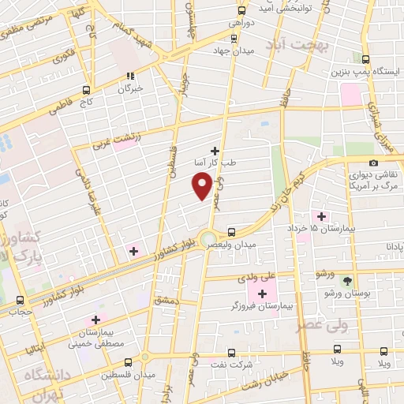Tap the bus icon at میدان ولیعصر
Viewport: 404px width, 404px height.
(231, 232)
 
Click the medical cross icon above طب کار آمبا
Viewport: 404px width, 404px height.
(215, 149)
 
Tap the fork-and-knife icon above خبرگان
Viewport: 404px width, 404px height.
(130, 77)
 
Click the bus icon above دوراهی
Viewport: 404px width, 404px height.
(242, 11)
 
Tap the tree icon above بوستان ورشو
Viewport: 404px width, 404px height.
(346, 281)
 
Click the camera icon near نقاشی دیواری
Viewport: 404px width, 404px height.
(373, 162)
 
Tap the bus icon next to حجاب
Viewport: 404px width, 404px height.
(21, 301)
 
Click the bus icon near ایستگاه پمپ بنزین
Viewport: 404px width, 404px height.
(364, 59)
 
